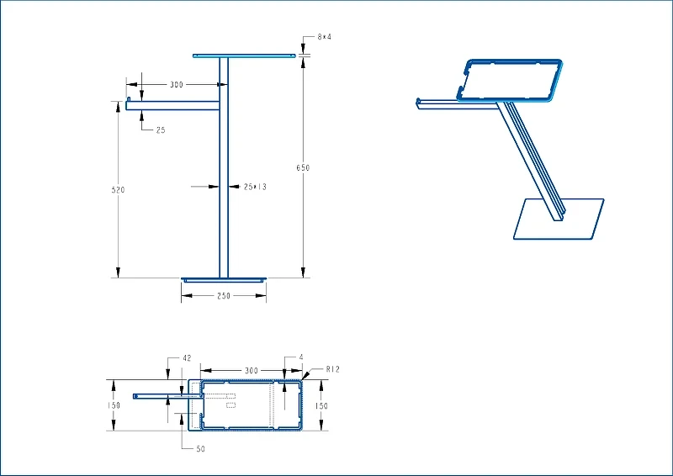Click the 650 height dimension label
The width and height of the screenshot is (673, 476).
coord(303,168)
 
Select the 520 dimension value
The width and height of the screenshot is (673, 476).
coord(118,190)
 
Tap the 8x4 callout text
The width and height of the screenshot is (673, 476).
coord(325,37)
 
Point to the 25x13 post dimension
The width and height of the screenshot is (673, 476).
coord(255,187)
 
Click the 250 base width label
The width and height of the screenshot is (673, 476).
coord(224,296)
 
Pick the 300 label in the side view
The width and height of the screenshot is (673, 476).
coord(177,85)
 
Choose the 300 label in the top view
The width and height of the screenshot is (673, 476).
coord(252,370)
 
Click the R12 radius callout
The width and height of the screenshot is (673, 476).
coord(332,369)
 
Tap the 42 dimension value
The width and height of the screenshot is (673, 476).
coord(187,358)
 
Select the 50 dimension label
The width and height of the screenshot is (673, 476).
coord(200,449)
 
